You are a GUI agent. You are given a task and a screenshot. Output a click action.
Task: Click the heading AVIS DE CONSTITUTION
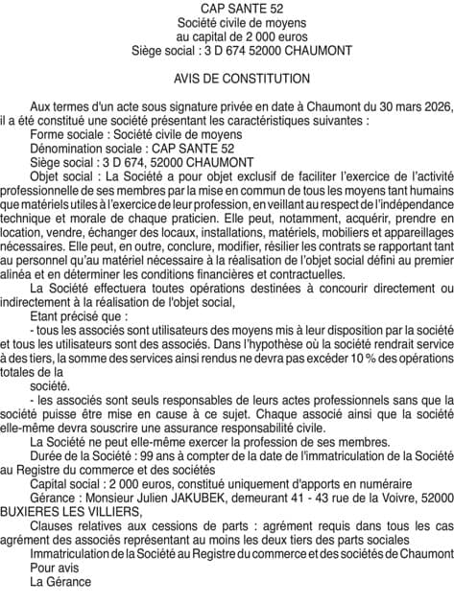(227, 78)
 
